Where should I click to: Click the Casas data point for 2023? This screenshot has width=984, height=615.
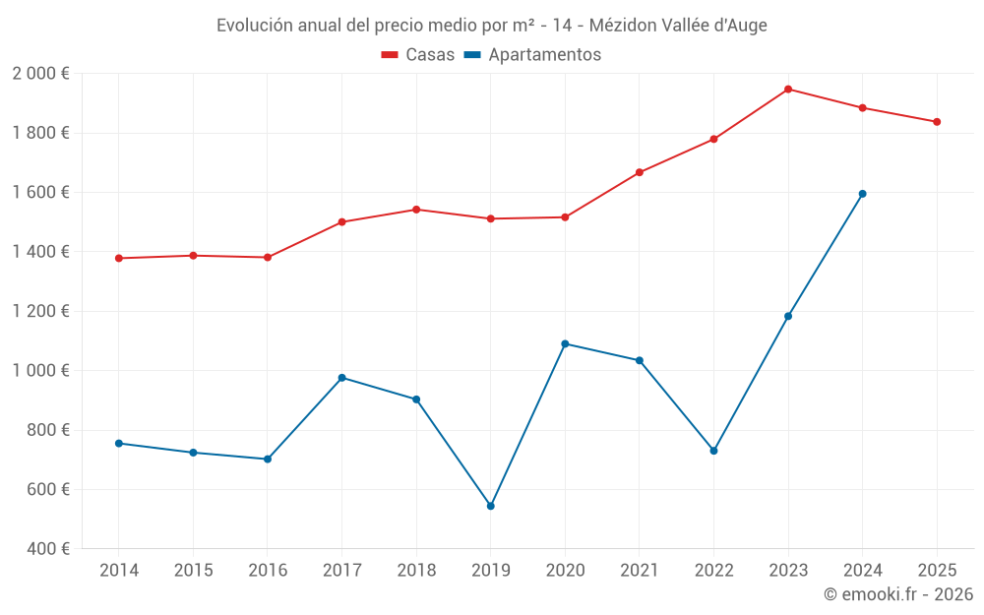click(788, 90)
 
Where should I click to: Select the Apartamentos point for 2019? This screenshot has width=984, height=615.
click(491, 506)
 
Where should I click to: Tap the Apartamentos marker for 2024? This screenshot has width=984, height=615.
click(863, 194)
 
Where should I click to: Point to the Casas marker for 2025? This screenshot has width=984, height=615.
click(937, 122)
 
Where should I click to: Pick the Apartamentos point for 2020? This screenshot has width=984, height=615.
click(565, 343)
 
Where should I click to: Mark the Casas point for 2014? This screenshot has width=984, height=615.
click(119, 258)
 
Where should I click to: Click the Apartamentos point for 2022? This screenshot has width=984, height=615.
click(713, 451)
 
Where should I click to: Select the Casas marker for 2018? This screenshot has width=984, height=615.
click(416, 210)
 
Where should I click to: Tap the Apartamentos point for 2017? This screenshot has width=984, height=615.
click(341, 378)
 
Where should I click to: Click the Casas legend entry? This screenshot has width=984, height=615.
click(418, 55)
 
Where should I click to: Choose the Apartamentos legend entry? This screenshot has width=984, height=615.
click(531, 55)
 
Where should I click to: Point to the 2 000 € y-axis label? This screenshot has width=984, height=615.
click(40, 73)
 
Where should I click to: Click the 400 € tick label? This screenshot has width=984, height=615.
click(47, 548)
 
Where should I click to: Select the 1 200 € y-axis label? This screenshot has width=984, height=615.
click(40, 311)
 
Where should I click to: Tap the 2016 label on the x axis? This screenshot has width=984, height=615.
click(268, 570)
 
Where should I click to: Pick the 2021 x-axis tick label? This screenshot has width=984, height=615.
click(640, 570)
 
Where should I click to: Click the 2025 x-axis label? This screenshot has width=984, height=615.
click(937, 570)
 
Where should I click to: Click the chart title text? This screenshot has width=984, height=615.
click(491, 26)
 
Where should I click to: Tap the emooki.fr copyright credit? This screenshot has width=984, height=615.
click(897, 594)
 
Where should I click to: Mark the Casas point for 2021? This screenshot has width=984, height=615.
click(640, 172)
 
